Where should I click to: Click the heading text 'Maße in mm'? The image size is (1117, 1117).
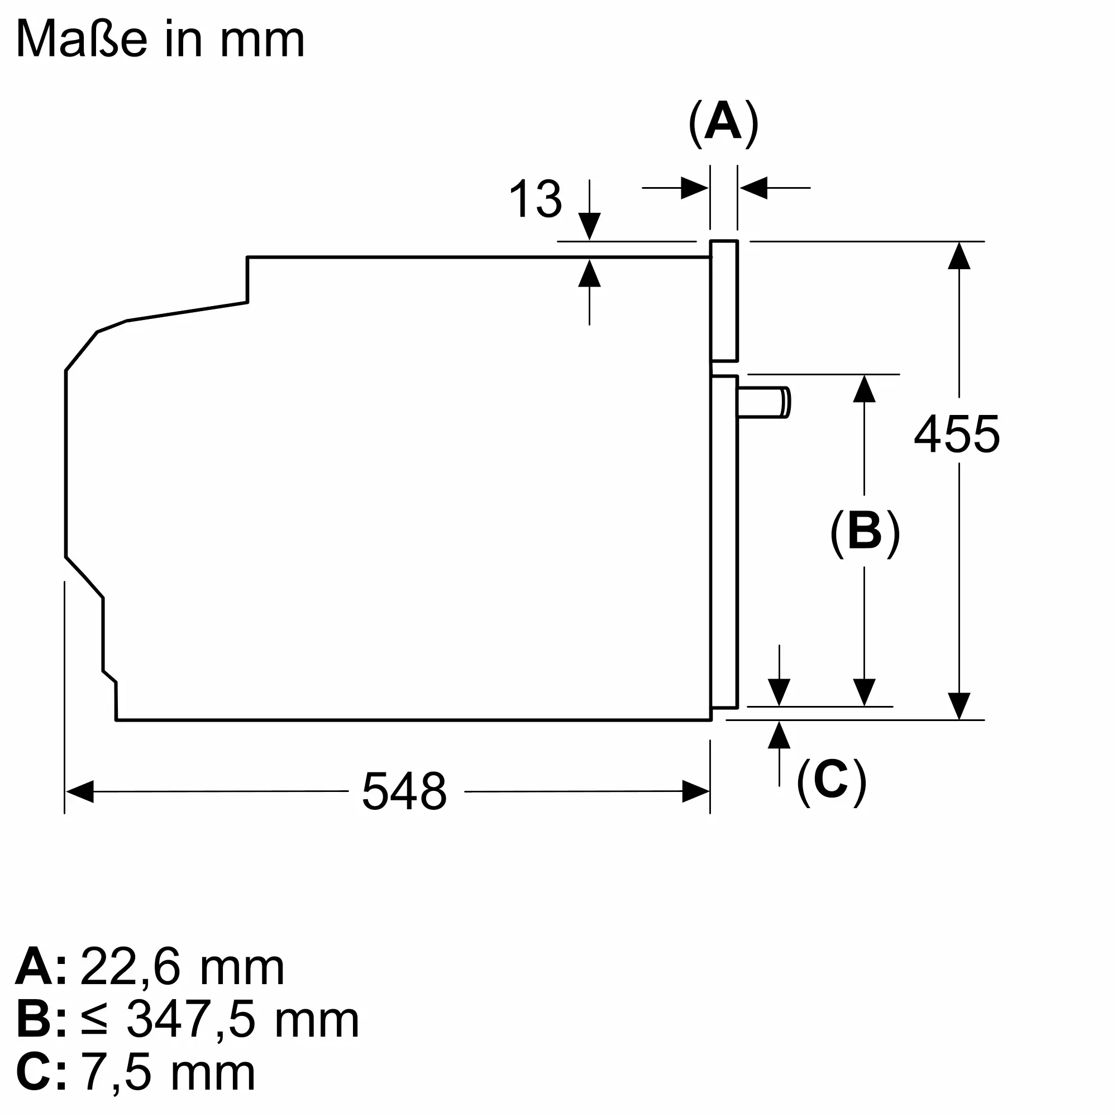coord(160,39)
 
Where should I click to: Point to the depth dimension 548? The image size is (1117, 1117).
coord(404,791)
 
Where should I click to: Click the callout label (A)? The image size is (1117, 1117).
coord(723,124)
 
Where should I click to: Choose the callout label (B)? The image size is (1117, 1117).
coord(865,532)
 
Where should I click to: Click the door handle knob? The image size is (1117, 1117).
coord(763,402)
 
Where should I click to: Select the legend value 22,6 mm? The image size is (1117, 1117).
coord(182,967)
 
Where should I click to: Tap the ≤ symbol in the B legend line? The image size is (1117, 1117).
coord(94,1020)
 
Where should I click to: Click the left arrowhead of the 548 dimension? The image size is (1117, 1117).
coord(80,791)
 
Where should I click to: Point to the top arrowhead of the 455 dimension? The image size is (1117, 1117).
coord(959,256)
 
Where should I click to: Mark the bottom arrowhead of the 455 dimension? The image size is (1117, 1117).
coord(959,706)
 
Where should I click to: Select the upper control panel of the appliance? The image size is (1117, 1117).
coord(724,300)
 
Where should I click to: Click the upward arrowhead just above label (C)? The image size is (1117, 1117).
coord(779,735)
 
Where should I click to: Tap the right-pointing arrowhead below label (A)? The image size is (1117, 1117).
coord(695,188)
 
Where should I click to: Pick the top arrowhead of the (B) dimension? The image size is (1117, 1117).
coord(865,389)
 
